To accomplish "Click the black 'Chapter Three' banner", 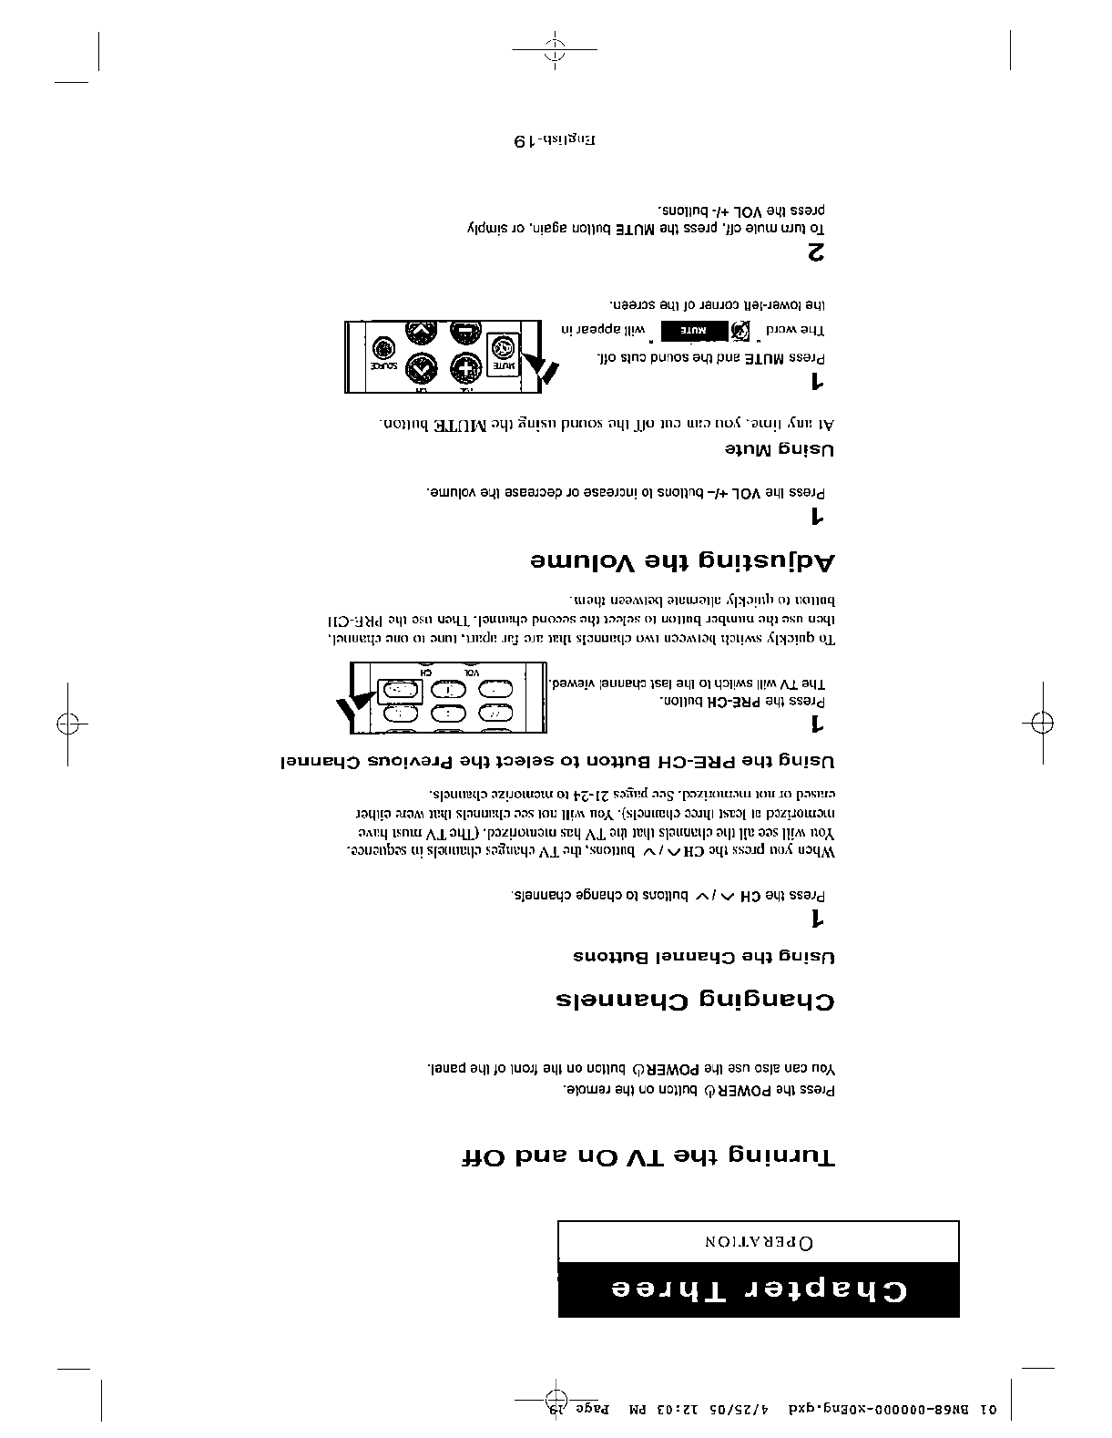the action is tap(758, 1289).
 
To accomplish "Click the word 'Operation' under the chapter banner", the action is tap(758, 1241).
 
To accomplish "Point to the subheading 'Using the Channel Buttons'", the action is tap(703, 957).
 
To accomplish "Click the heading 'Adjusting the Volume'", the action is tap(682, 561).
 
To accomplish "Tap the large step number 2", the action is tap(817, 253).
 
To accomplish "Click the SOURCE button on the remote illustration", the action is tap(380, 355).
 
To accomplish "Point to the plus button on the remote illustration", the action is tap(464, 369).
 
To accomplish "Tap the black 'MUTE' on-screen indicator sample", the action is tap(693, 330).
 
